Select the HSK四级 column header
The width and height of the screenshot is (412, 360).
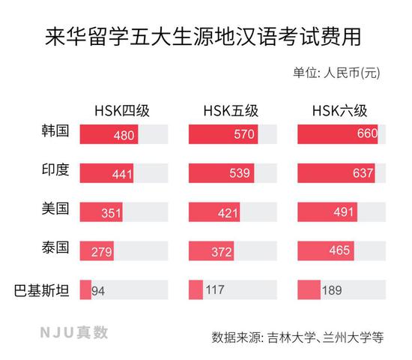[123, 111]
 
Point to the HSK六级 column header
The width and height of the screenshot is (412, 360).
[341, 111]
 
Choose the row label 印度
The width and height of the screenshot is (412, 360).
[55, 171]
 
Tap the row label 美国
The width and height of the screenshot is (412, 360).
[55, 209]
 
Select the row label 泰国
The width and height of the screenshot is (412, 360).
[55, 248]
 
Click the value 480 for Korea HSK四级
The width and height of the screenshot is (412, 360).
[124, 135]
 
